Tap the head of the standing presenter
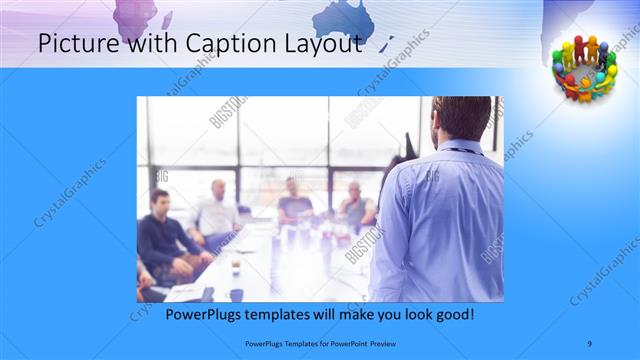[x=461, y=118]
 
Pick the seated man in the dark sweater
[x=165, y=235]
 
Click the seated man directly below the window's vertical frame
[x=295, y=200]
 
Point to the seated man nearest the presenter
[x=355, y=205]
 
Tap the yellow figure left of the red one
[x=566, y=54]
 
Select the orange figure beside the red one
[x=592, y=50]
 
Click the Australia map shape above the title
[x=351, y=18]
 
